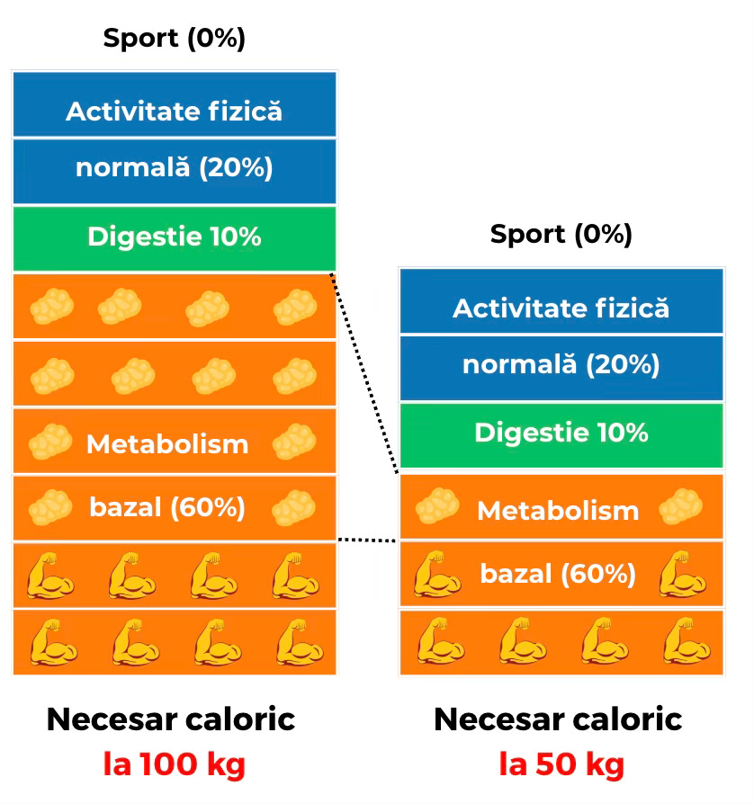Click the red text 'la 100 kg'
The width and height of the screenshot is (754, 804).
point(174,765)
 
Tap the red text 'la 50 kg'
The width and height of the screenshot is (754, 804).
point(561,765)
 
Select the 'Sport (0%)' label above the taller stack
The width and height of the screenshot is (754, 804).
point(174,39)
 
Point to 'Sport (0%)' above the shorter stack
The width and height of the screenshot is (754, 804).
point(561,235)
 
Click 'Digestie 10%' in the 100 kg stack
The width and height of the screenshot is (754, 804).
point(174,237)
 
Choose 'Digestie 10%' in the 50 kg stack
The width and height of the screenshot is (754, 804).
point(561,433)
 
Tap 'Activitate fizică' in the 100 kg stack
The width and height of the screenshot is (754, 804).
point(174,112)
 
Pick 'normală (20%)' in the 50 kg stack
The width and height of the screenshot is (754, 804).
point(561,365)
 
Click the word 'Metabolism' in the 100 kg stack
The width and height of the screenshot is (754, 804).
point(167,443)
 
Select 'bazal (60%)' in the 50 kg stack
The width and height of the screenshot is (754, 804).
point(558,573)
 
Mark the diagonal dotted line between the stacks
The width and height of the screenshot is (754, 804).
point(364,371)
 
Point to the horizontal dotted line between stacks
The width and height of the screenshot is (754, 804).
point(366,540)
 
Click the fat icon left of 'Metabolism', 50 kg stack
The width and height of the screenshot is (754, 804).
point(437,509)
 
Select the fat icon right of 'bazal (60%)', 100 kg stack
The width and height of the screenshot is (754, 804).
point(294,507)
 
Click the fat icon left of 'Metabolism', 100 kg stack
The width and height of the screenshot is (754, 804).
point(50,442)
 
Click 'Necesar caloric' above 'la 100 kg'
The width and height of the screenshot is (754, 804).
point(171,719)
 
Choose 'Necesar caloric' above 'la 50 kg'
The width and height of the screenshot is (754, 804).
point(558,719)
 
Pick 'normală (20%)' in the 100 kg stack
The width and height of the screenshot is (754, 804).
point(174,168)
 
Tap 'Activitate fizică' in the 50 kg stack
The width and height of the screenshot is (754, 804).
point(561,308)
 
